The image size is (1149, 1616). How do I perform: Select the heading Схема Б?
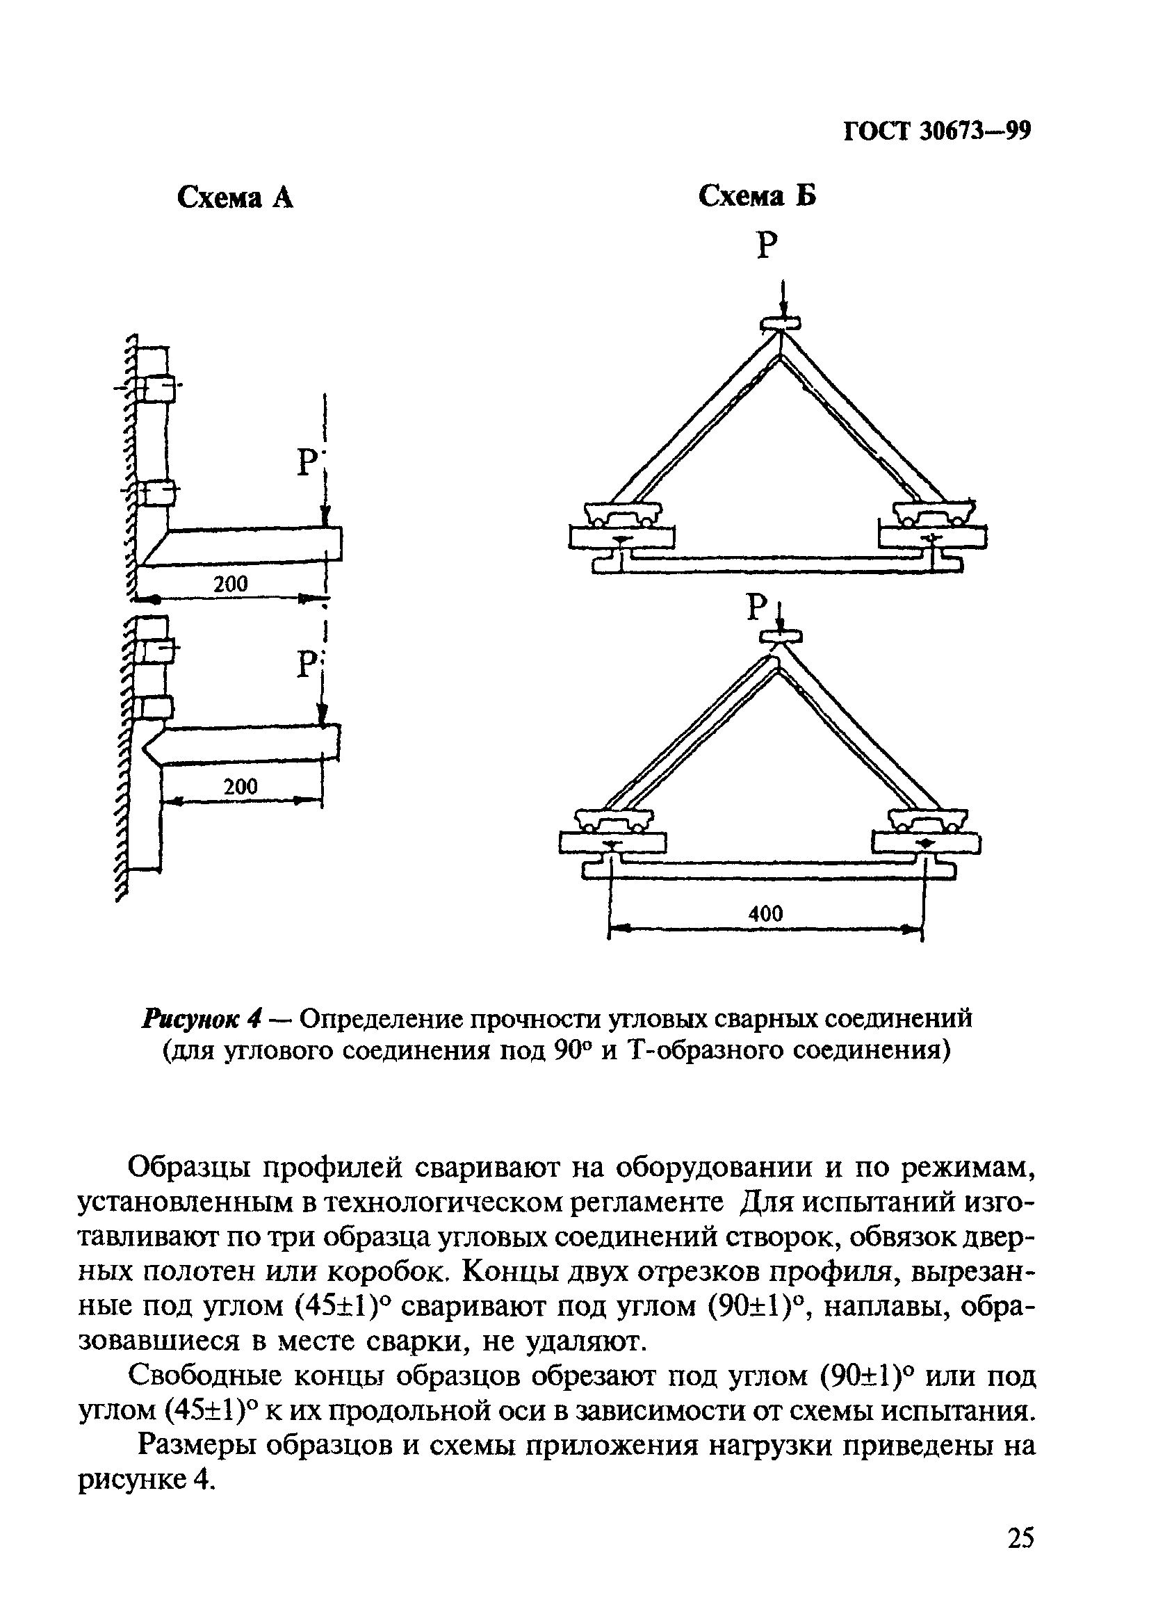757,196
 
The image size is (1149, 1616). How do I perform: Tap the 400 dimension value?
765,913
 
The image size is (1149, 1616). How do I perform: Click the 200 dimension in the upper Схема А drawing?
231,584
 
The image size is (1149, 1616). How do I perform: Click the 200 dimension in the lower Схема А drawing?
241,787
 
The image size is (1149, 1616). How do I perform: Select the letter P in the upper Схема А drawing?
307,463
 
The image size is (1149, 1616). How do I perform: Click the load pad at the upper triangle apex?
781,324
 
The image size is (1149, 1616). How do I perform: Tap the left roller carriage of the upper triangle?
624,513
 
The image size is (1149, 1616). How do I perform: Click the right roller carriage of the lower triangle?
925,822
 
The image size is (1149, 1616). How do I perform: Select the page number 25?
1020,1558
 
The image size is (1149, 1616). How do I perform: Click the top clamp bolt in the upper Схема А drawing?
154,388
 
